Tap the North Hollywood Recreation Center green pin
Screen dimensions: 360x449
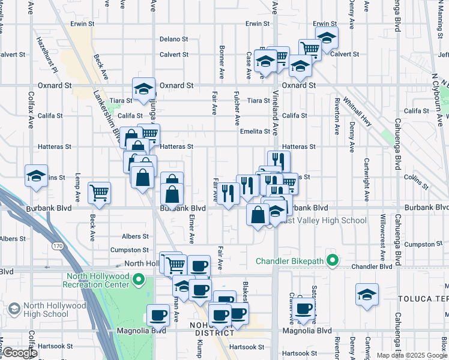click(139, 280)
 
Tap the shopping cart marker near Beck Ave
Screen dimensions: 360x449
click(99, 193)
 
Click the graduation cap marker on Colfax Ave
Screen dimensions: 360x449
click(36, 176)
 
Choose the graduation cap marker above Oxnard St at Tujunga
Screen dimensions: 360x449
click(143, 89)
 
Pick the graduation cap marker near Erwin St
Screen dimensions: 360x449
click(326, 37)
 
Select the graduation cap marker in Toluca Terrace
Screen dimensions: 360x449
click(367, 294)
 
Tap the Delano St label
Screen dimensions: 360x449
click(174, 39)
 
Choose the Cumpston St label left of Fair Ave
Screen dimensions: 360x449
click(129, 250)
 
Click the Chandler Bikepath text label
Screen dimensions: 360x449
click(293, 261)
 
